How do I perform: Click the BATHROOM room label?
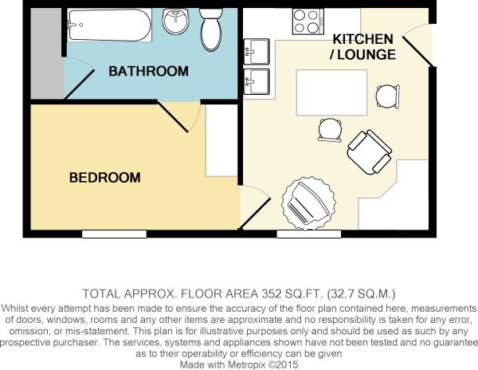click(148, 71)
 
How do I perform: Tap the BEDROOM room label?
click(105, 178)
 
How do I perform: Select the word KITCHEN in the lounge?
click(362, 39)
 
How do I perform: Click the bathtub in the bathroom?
click(109, 25)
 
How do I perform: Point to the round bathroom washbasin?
click(175, 21)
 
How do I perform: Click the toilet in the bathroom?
click(211, 30)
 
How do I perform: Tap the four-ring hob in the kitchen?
click(308, 22)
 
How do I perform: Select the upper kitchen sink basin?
click(257, 52)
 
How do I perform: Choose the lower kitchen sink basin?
click(257, 81)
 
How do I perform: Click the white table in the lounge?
click(331, 92)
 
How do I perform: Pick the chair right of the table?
click(388, 96)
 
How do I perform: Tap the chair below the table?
click(330, 130)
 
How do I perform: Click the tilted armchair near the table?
click(370, 152)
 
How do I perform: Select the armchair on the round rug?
click(308, 204)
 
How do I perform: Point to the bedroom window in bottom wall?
click(114, 234)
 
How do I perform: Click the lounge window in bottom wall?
click(309, 234)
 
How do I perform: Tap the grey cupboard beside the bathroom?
click(46, 53)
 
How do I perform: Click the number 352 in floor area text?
click(272, 293)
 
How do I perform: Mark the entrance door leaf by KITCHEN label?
click(418, 52)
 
